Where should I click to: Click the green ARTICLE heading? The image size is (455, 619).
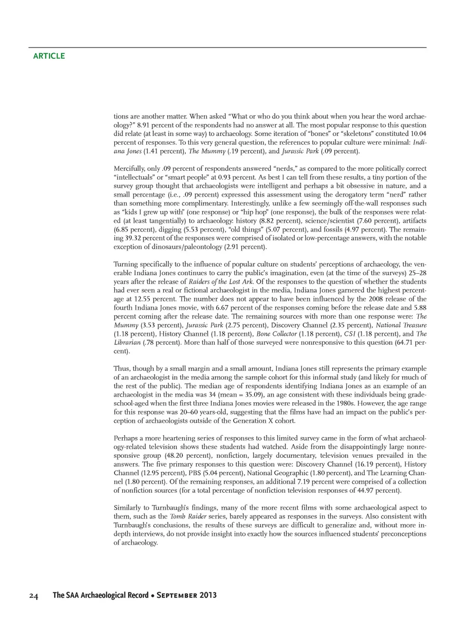click(x=49, y=56)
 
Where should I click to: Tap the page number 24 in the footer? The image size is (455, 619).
click(x=33, y=595)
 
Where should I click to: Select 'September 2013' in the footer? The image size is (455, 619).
click(x=187, y=595)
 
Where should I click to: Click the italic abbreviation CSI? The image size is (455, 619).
click(x=350, y=334)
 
